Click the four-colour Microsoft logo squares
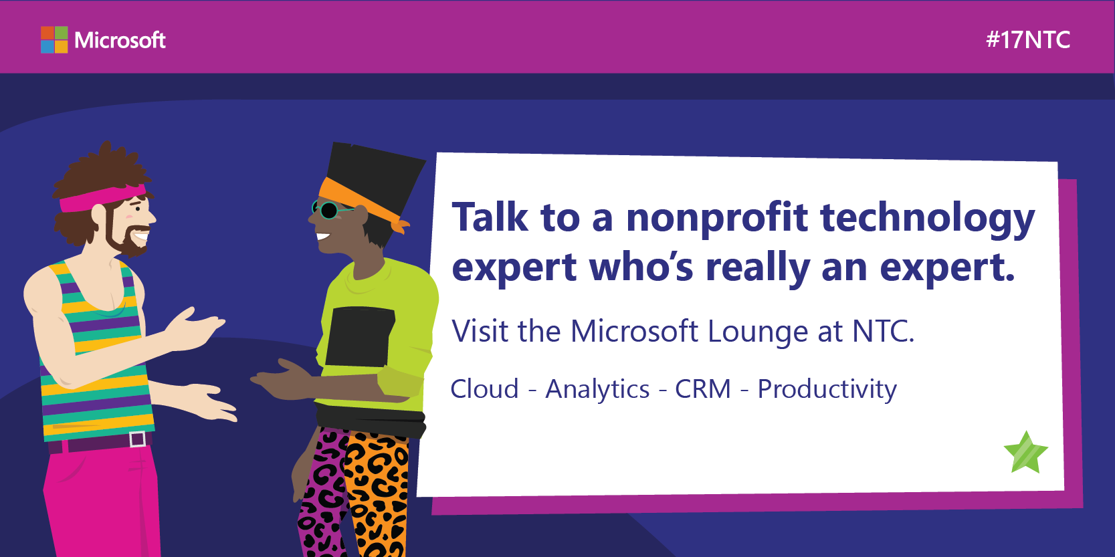pyautogui.click(x=54, y=40)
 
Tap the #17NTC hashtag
pyautogui.click(x=1028, y=40)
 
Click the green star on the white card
pyautogui.click(x=1026, y=453)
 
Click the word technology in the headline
pyautogui.click(x=928, y=219)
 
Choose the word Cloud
pyautogui.click(x=484, y=388)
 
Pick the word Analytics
pyautogui.click(x=597, y=390)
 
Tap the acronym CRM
pyautogui.click(x=703, y=388)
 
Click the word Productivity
pyautogui.click(x=827, y=390)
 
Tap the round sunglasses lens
pyautogui.click(x=328, y=211)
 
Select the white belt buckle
pyautogui.click(x=137, y=439)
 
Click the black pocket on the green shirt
pyautogui.click(x=360, y=337)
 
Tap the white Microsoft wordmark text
pyautogui.click(x=120, y=40)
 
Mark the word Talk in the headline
pyautogui.click(x=490, y=217)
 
